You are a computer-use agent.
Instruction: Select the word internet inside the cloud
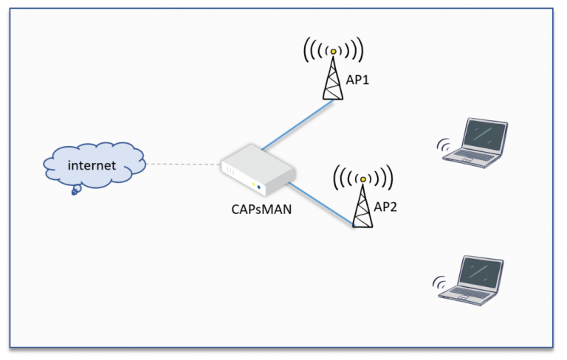tap(92, 165)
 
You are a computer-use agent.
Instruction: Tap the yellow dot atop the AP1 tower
tap(333, 51)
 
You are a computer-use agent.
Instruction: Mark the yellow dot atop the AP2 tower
tap(362, 179)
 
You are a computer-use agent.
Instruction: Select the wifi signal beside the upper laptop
tap(445, 146)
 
